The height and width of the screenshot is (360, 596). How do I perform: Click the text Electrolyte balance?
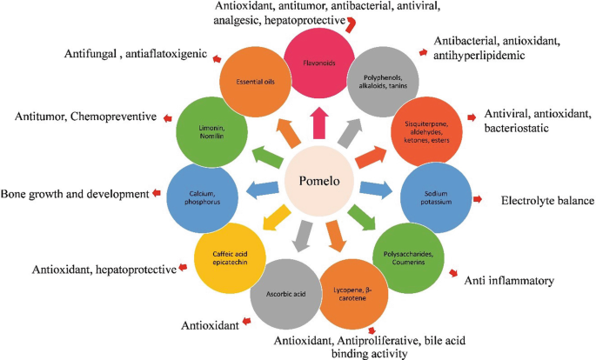(x=547, y=201)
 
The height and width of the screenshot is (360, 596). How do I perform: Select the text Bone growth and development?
(x=74, y=193)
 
